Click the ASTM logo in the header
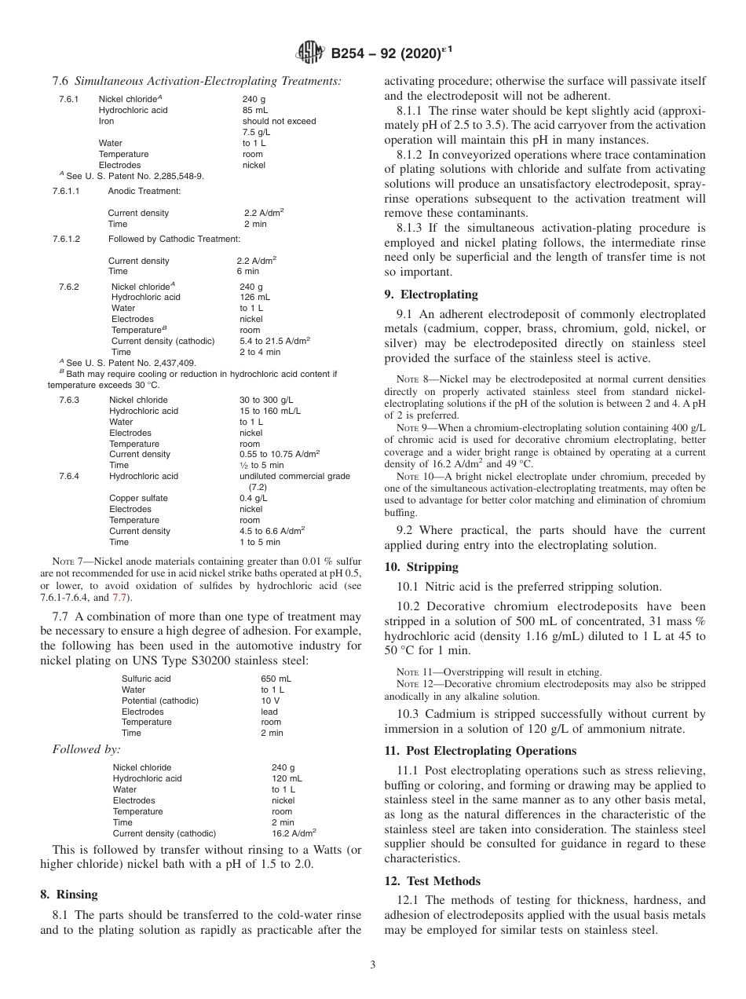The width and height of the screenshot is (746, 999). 312,53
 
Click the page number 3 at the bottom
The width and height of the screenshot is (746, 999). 373,964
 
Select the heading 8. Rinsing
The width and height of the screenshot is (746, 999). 69,895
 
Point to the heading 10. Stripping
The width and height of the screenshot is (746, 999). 421,567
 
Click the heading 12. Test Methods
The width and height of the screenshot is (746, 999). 432,881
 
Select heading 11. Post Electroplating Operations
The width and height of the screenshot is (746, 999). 480,751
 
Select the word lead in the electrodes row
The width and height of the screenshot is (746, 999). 269,712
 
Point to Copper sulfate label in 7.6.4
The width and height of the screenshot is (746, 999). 138,498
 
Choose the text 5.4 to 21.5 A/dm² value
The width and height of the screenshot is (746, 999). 275,341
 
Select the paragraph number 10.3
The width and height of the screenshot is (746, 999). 410,714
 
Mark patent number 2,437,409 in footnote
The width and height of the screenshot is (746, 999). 175,363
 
